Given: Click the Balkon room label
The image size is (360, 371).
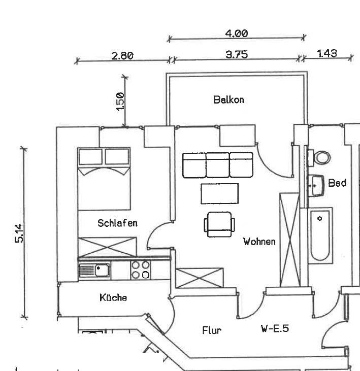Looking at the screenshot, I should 228,99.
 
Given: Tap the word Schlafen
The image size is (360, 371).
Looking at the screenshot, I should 117,223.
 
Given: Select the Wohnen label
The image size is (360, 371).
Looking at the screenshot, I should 259,241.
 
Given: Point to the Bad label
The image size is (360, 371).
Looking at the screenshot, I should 337,183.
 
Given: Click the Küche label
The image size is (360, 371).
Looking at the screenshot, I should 113,297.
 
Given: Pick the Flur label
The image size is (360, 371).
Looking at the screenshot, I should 212,330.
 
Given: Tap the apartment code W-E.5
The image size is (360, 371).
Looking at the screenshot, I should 275,328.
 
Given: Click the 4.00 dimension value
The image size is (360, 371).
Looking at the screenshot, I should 236,33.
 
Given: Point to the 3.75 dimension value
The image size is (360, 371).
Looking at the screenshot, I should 237,54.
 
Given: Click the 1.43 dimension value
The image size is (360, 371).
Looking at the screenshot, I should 326,53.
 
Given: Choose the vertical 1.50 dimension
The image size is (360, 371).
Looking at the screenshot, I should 120,102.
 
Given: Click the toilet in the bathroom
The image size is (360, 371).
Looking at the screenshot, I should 321,157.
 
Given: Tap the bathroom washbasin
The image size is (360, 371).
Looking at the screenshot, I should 317,186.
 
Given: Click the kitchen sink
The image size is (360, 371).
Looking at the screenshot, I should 94,270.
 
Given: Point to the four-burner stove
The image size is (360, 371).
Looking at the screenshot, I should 141,269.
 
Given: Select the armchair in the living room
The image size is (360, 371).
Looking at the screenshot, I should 220,224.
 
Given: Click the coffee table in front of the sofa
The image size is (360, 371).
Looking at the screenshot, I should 219,193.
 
